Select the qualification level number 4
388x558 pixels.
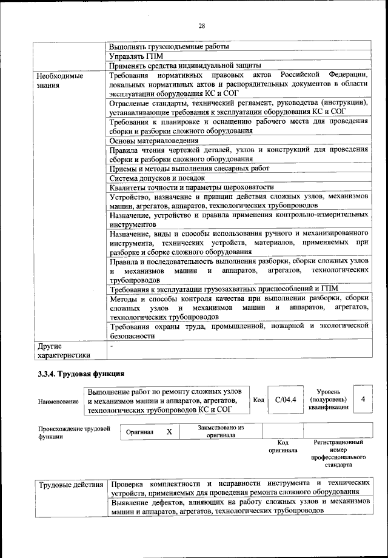(x=363, y=400)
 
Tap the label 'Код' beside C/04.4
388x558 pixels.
(x=258, y=400)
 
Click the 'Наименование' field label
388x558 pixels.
(x=58, y=402)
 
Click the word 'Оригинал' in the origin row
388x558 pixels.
(x=139, y=432)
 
